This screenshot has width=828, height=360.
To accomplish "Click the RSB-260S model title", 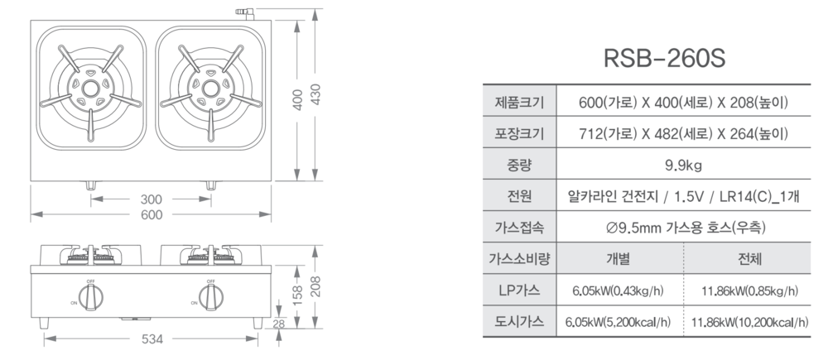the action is [664, 58].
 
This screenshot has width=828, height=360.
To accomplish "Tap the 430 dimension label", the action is [315, 94].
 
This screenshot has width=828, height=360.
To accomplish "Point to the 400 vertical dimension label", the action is [297, 100].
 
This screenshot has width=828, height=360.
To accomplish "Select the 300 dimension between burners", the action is [151, 199].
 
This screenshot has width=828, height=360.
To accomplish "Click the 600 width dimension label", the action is [152, 215].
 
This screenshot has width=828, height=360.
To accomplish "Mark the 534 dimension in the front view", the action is [152, 338].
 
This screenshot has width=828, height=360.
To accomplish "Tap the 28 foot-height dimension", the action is [279, 324].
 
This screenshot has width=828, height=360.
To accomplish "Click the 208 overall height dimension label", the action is [315, 286].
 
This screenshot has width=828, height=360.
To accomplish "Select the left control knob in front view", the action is [91, 296].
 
